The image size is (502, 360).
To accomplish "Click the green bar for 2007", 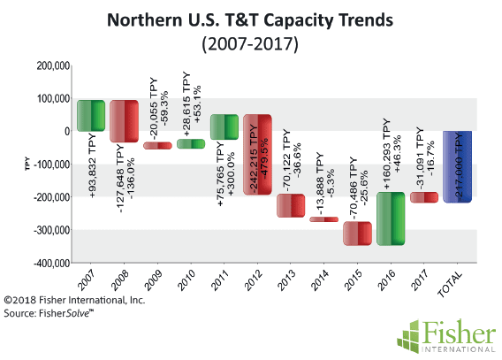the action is click(91, 116).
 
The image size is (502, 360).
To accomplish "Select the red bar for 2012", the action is click(257, 155).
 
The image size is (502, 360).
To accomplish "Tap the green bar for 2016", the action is click(391, 218).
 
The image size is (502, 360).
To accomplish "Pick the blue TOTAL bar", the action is click(457, 166).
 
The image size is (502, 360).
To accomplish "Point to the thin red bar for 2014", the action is click(323, 219).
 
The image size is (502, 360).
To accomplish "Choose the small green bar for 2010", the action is click(191, 144).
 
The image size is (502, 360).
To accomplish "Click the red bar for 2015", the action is click(357, 234).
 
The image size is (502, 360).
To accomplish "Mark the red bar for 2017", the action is click(424, 197).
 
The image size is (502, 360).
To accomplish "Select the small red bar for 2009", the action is click(157, 146).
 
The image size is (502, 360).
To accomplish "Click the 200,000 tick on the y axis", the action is click(53, 66).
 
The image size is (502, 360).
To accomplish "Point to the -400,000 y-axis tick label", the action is click(51, 264).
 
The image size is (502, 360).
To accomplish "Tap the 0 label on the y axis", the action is click(67, 131).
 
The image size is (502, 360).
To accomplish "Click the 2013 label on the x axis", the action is click(285, 280).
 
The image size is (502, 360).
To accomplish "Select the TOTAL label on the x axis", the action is click(451, 284).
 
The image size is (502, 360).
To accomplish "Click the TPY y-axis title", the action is click(27, 164).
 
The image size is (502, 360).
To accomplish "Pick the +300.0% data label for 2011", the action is click(231, 173).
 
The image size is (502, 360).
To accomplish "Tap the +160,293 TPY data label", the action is click(386, 154).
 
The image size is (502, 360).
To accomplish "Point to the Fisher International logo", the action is click(446, 336).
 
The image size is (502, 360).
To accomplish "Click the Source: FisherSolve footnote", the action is click(49, 313).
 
